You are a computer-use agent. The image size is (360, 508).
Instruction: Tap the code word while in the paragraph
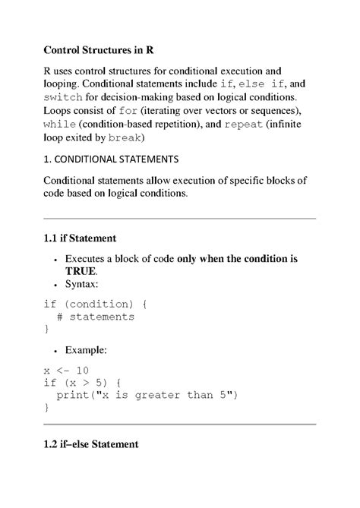coord(58,125)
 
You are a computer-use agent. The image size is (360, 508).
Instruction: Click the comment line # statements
coord(95,316)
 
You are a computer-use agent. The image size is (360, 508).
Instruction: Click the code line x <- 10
coord(67,370)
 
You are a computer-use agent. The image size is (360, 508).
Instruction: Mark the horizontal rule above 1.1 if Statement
coord(179,219)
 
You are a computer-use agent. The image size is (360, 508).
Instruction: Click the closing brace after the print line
coord(46,407)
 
